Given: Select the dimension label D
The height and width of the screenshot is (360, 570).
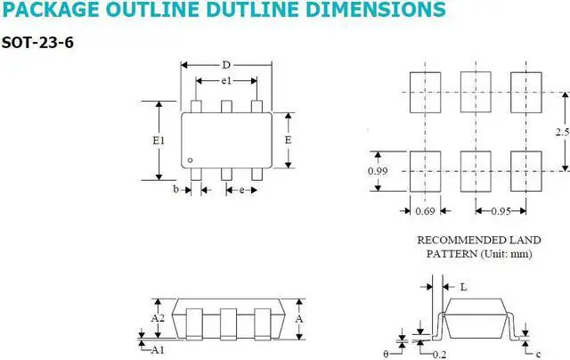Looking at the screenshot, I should click(226, 65).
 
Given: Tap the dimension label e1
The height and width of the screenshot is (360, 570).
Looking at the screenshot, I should click(226, 81).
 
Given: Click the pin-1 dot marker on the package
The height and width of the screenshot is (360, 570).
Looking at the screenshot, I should click(190, 160).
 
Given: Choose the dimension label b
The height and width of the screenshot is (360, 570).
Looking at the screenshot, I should click(176, 189).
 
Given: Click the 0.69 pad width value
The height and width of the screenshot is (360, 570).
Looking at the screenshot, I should click(425, 211).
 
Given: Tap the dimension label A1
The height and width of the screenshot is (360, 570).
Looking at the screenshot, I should click(158, 348).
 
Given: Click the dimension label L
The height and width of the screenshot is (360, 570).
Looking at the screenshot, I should click(463, 287).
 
